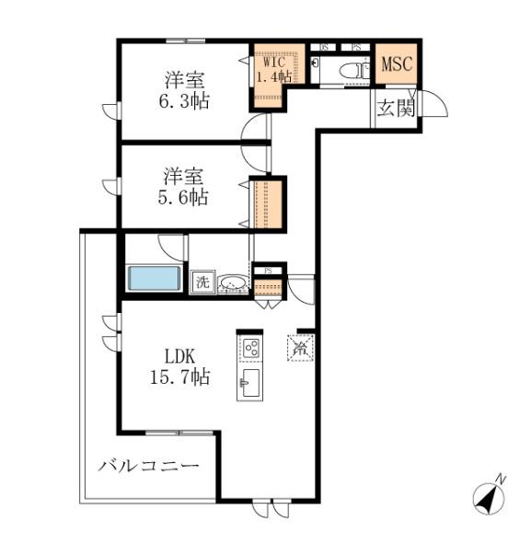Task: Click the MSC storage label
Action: [397, 66]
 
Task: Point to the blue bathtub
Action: [156, 279]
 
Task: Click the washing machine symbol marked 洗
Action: [202, 283]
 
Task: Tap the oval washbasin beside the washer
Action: [233, 283]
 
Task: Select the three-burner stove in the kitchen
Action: [250, 348]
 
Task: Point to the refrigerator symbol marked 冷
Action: [301, 348]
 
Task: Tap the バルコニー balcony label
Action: [149, 466]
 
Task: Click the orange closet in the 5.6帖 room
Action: [266, 203]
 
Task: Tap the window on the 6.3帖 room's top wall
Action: [185, 41]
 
